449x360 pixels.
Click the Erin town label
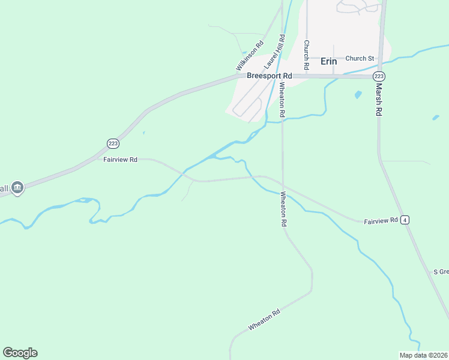coord(329,61)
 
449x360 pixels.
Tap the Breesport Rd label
coord(269,76)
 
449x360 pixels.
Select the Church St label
coord(360,58)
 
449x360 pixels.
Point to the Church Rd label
coord(306,55)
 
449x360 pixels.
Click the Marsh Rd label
coord(379,100)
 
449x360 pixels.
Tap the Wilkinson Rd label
coord(250,55)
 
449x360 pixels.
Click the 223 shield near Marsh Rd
coord(378,76)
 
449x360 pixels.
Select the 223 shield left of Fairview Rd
coord(113,143)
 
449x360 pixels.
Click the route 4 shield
coord(406,220)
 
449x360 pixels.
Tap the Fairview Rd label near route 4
coord(381,221)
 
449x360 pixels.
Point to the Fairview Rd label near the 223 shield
coord(120,160)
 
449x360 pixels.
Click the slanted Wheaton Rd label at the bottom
coord(264,320)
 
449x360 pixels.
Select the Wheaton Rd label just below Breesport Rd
coord(282,98)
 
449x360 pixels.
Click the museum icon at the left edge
coord(17,188)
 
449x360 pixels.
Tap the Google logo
coord(20,353)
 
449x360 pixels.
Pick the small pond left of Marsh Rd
coord(358,94)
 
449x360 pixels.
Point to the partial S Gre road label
coord(441,272)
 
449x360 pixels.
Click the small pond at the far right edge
coord(436,118)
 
